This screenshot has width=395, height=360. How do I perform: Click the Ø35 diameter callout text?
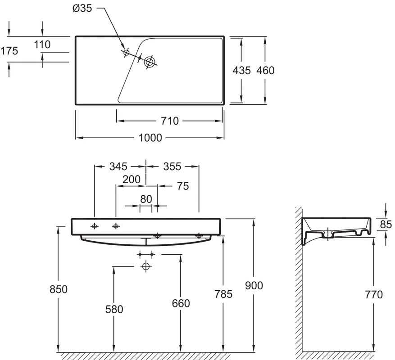tap(82, 8)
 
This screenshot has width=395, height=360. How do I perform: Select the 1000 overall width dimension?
tap(150, 138)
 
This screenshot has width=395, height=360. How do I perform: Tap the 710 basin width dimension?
tap(170, 121)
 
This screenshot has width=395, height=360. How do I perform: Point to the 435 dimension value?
tap(241, 71)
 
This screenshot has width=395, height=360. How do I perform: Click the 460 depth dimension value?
tap(266, 71)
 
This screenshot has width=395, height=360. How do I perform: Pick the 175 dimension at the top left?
tap(9, 51)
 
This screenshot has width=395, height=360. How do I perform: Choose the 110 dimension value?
tap(42, 45)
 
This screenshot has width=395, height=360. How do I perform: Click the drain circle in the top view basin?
tap(150, 62)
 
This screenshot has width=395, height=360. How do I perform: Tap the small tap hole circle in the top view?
tap(126, 53)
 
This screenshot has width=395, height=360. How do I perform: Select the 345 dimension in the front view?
tap(118, 166)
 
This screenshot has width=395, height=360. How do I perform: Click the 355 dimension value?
tap(173, 166)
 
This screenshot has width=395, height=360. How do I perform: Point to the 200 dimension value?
tap(131, 180)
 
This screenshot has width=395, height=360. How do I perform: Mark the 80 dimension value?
tap(146, 199)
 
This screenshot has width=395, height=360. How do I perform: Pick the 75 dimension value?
tap(183, 186)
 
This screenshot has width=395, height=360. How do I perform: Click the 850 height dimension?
tap(59, 289)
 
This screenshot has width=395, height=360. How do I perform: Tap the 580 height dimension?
tap(114, 310)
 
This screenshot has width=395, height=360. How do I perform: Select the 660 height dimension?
tap(181, 303)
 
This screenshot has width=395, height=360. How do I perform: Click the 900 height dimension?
tap(254, 285)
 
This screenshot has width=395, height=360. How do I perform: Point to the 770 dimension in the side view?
tap(374, 294)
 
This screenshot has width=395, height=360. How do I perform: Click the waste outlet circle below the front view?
tap(145, 266)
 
